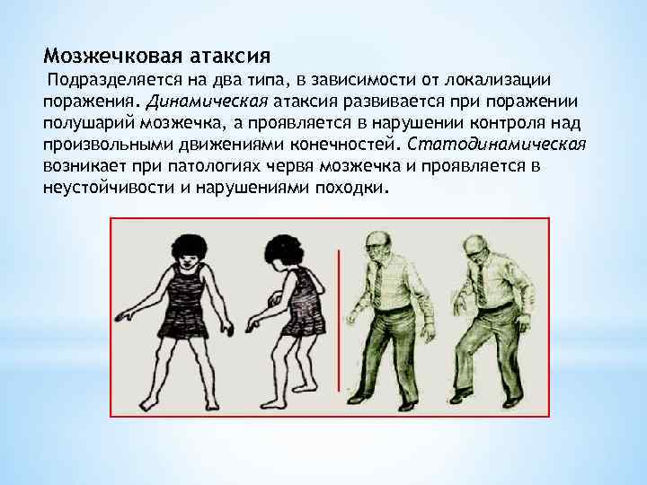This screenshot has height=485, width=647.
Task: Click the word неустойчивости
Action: click(111, 187)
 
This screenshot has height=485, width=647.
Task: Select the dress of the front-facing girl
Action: click(190, 310)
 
